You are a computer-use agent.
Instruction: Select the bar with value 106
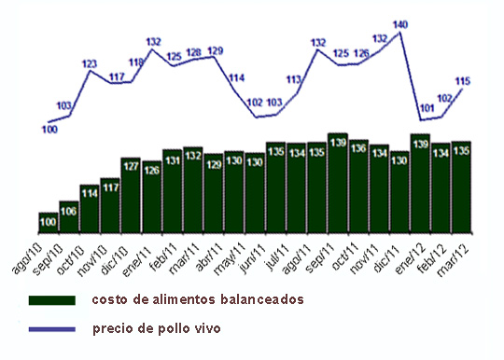(69, 216)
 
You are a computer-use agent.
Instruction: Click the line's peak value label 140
(400, 24)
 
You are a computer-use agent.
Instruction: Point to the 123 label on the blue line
(90, 64)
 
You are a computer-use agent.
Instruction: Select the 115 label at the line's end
(462, 81)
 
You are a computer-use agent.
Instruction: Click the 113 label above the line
(295, 80)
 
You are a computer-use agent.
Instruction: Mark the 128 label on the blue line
(194, 52)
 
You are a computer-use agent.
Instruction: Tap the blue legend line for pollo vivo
(51, 328)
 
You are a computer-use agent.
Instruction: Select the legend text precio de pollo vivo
(157, 328)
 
